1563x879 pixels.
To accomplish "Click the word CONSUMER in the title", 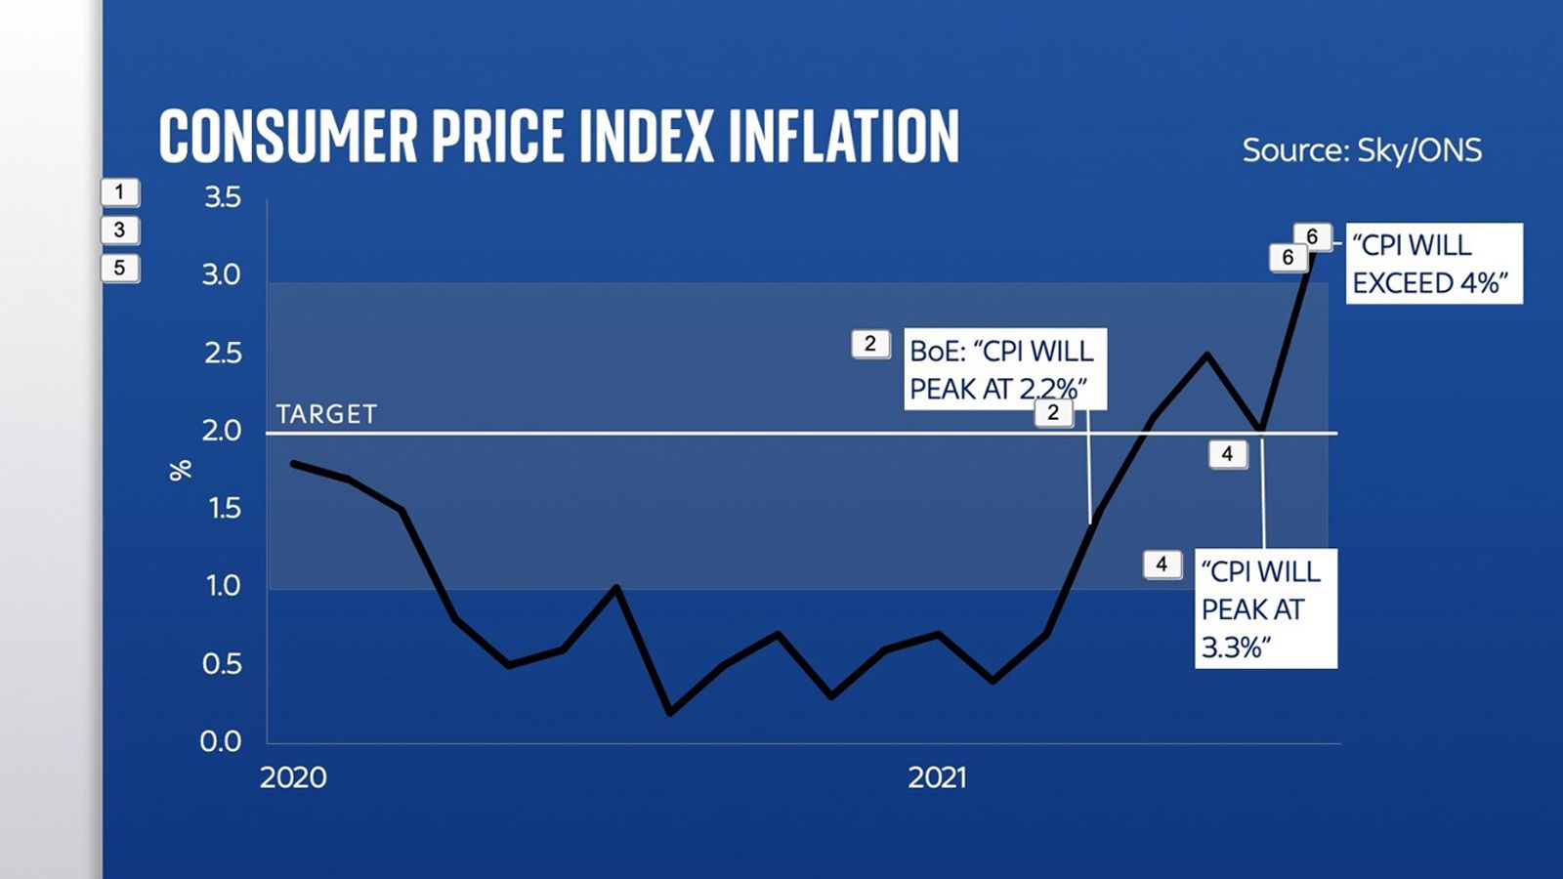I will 288,137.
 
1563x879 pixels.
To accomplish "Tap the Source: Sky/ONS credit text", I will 1362,150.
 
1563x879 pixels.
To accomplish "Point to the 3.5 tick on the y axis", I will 222,197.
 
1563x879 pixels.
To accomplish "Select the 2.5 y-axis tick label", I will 222,353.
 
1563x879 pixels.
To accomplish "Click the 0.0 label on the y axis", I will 221,741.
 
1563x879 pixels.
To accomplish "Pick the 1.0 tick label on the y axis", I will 222,586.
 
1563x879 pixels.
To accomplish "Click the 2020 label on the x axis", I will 293,777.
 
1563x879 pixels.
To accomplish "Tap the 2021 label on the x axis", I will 938,777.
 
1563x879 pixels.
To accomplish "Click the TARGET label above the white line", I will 326,414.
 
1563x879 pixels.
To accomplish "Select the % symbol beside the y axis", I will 181,471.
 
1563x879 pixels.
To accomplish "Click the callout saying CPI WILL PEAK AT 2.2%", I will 1004,369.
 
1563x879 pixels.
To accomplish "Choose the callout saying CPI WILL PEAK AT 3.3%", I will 1265,609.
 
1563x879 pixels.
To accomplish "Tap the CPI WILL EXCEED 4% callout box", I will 1433,264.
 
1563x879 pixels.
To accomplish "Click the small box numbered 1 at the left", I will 120,192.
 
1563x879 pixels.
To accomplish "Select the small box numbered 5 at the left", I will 120,268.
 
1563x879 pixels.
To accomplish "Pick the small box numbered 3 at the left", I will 120,230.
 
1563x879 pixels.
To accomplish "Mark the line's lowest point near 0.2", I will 670,712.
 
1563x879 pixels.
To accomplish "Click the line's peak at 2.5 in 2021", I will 1208,355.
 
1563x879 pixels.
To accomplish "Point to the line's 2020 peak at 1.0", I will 615,588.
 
